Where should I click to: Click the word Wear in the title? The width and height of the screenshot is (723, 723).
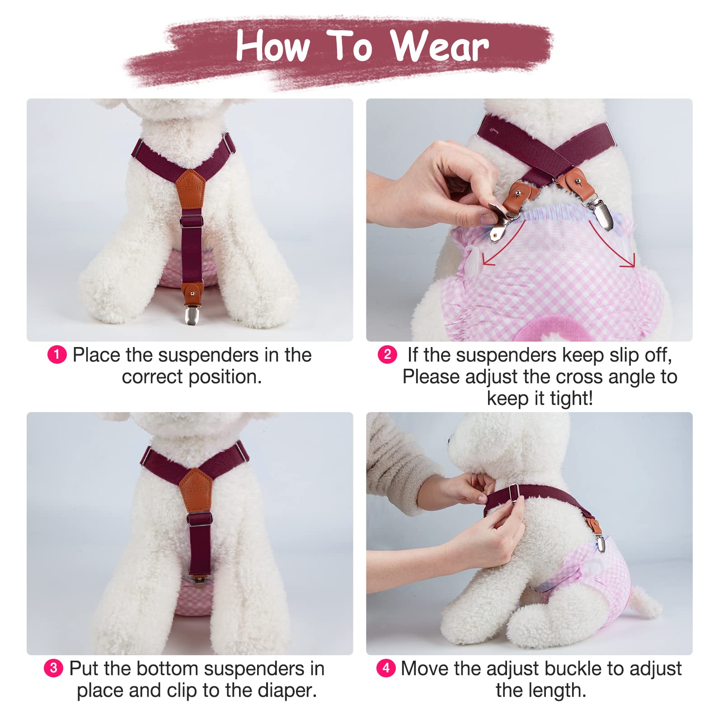[x=439, y=46]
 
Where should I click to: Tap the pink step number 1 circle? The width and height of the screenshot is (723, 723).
[x=57, y=355]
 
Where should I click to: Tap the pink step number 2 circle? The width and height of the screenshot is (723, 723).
[x=387, y=354]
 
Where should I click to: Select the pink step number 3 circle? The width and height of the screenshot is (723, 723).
[x=53, y=668]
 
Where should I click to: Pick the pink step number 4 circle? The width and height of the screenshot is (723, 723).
[x=386, y=668]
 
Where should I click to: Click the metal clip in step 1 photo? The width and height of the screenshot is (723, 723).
[x=192, y=312]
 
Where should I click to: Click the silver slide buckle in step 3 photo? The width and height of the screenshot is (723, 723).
[x=199, y=518]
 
